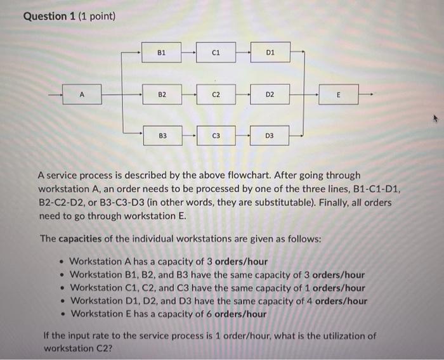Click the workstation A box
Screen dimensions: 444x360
81,95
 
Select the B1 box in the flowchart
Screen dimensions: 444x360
162,54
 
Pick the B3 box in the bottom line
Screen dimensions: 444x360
162,136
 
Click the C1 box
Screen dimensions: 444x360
216,54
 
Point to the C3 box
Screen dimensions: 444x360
216,136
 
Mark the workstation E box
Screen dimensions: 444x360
339,95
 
